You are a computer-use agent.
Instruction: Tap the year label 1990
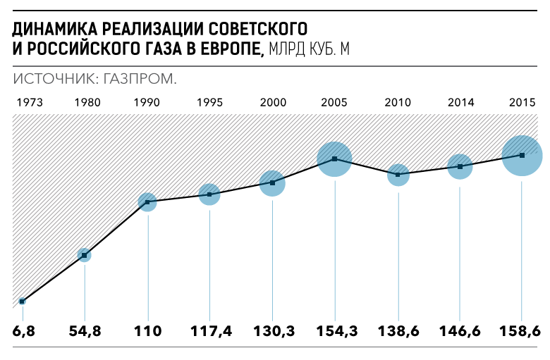pyautogui.click(x=147, y=102)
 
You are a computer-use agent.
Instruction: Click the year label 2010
pyautogui.click(x=398, y=102)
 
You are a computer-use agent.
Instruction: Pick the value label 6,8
pyautogui.click(x=23, y=330)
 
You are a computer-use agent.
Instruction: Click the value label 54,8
pyautogui.click(x=84, y=330)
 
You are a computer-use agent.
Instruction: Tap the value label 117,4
pyautogui.click(x=209, y=330)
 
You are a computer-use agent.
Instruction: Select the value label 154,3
pyautogui.click(x=334, y=330)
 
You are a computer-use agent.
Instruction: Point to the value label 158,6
pyautogui.click(x=522, y=330)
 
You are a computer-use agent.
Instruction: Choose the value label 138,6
pyautogui.click(x=398, y=330)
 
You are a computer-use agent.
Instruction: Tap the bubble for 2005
pyautogui.click(x=334, y=159)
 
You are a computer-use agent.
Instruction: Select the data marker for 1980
pyautogui.click(x=84, y=255)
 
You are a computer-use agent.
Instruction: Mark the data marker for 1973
pyautogui.click(x=22, y=302)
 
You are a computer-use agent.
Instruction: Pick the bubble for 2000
pyautogui.click(x=272, y=183)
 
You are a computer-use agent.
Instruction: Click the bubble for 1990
pyautogui.click(x=147, y=202)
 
